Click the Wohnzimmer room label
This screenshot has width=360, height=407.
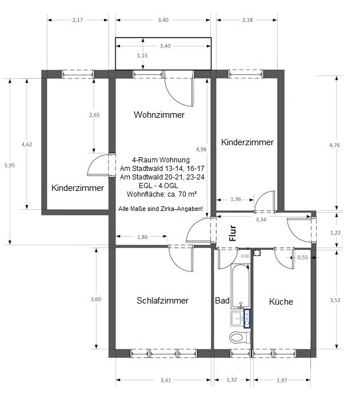tap(159, 114)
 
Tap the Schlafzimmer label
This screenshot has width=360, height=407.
tap(162, 300)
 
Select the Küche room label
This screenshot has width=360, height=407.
tap(281, 301)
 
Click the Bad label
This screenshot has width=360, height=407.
tap(222, 301)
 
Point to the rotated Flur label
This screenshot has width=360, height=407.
tap(233, 233)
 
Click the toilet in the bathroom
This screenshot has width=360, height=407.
tap(239, 338)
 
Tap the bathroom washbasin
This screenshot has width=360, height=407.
tap(237, 318)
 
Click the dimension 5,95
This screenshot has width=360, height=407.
tap(10, 165)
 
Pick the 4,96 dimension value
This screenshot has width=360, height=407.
tap(201, 149)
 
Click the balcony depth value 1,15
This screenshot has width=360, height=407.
tap(142, 55)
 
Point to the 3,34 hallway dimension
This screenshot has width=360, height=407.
tap(261, 220)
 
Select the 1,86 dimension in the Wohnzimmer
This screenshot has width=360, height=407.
tap(142, 237)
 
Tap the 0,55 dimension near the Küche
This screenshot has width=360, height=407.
tap(303, 257)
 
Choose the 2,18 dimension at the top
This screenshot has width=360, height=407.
tap(247, 20)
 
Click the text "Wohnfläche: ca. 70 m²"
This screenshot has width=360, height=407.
tap(162, 194)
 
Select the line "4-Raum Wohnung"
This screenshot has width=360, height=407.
tap(161, 159)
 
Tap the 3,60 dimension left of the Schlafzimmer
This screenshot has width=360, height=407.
tap(96, 299)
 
